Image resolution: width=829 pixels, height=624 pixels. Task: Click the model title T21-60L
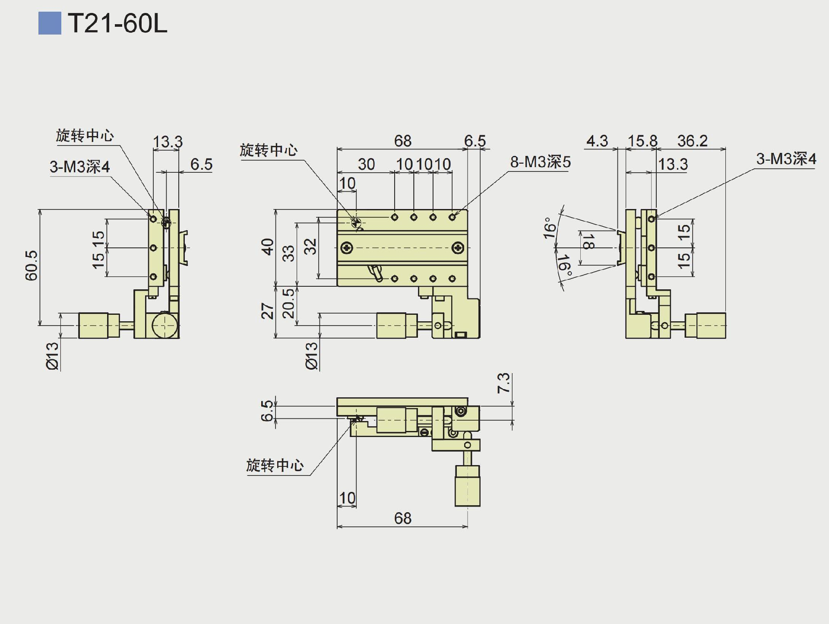(x=117, y=23)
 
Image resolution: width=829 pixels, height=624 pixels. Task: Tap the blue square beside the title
(x=50, y=23)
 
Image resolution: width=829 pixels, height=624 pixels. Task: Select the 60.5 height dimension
(x=32, y=266)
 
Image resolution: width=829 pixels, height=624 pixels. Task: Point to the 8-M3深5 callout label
(x=540, y=162)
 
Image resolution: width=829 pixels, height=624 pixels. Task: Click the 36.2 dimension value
(x=692, y=141)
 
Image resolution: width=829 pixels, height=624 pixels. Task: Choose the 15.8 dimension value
(x=642, y=141)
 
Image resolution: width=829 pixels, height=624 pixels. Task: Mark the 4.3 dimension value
(x=597, y=141)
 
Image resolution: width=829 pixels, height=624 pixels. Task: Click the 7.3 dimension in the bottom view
(x=503, y=383)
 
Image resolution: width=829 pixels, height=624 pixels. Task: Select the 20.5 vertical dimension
(x=288, y=303)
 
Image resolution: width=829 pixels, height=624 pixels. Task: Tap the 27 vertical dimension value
(x=268, y=311)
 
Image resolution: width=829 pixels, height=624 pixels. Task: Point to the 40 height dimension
(x=268, y=247)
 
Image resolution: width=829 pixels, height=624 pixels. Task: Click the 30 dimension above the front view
(x=366, y=165)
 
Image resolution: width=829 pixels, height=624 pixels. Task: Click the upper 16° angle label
(x=549, y=228)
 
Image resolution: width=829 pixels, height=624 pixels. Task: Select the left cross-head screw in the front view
(x=347, y=248)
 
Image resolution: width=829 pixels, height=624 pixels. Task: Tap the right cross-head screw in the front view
(x=458, y=248)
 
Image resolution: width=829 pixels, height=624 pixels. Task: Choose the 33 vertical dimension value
(x=288, y=253)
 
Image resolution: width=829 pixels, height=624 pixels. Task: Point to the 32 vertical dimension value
(x=310, y=247)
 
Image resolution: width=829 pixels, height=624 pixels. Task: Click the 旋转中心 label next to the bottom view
(x=275, y=466)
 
